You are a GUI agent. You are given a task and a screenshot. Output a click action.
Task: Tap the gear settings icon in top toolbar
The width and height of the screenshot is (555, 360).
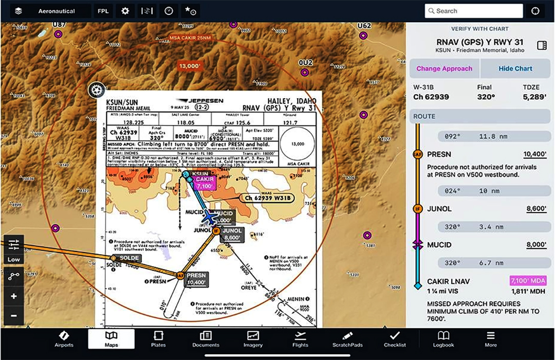125,11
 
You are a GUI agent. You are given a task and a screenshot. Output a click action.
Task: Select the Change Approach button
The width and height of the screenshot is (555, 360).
444,68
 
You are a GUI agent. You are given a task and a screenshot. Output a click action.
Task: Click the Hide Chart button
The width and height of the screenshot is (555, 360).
515,68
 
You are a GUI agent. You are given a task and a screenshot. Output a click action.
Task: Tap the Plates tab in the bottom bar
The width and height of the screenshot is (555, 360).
158,338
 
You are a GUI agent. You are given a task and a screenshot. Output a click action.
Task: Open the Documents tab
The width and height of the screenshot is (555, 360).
206,338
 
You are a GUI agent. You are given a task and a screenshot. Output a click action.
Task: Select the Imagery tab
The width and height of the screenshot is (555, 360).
253,338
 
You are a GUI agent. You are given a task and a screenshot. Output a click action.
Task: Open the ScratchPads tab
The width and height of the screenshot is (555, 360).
348,338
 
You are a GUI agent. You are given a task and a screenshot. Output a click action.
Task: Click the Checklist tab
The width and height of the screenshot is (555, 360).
395,338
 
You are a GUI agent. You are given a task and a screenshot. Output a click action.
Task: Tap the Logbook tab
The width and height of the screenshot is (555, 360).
443,338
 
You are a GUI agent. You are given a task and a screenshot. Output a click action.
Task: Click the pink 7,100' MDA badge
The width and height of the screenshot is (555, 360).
528,281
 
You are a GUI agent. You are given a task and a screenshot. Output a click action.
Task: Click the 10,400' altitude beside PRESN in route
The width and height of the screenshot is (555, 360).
535,154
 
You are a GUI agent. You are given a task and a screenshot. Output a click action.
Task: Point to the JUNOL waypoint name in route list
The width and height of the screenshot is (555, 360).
439,209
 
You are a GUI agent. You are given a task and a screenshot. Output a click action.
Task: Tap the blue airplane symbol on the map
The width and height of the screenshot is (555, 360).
210,218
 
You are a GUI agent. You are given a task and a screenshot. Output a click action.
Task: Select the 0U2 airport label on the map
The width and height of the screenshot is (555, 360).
305,63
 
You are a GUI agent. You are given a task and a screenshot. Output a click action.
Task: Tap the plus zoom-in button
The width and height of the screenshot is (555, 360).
14,296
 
